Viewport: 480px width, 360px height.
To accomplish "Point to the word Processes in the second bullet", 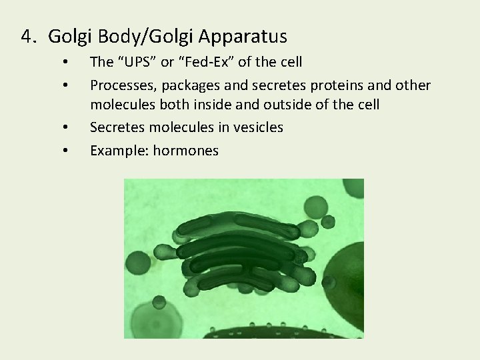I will [x=119, y=86].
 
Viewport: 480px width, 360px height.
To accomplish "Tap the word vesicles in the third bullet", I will [x=257, y=127].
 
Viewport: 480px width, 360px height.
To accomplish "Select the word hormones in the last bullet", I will [x=186, y=151].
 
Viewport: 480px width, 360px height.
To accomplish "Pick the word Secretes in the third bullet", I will [x=116, y=127].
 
